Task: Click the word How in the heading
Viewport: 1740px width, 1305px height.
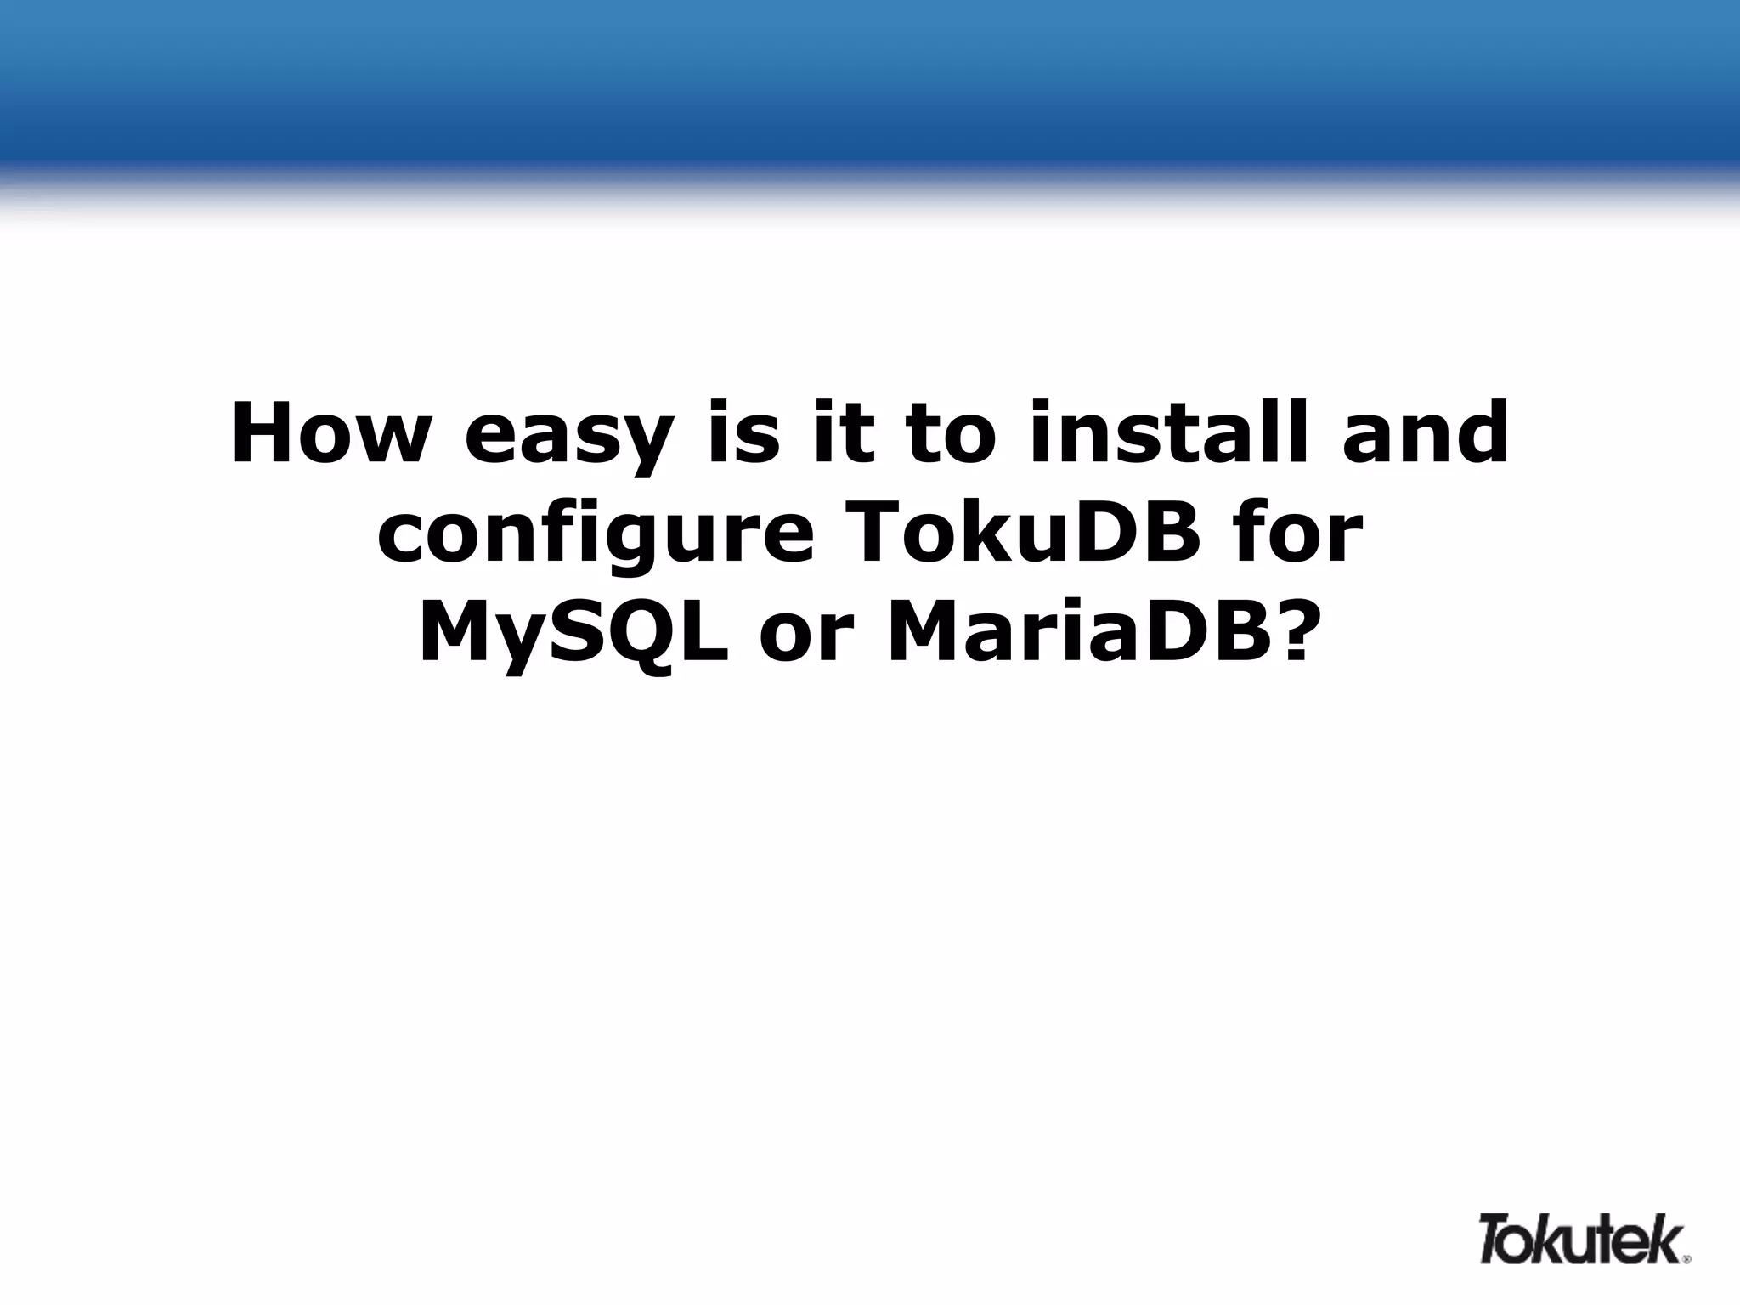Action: coord(327,434)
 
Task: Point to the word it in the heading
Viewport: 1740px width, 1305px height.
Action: coord(841,434)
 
